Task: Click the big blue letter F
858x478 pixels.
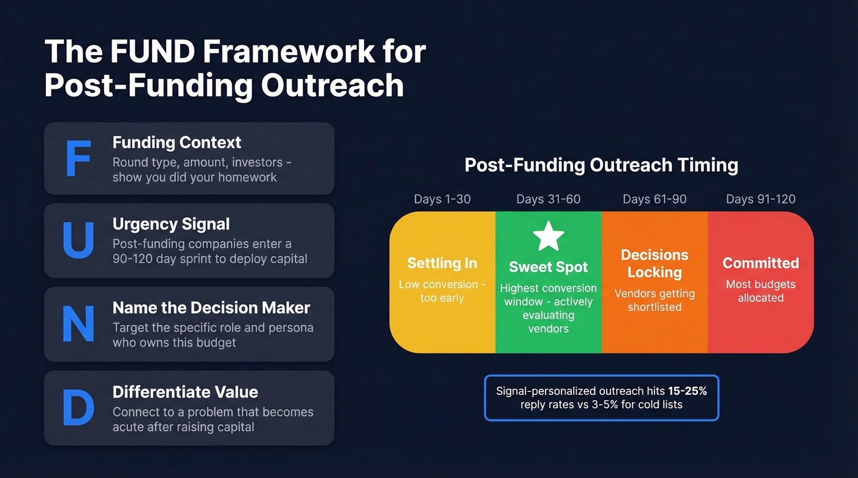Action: point(78,159)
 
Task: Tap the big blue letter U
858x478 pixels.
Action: point(78,241)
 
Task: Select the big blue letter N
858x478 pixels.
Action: point(78,324)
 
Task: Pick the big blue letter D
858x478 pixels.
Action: point(78,408)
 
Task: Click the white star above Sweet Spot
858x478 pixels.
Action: point(548,237)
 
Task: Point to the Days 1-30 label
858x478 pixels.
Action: point(442,199)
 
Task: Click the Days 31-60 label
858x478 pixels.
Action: point(548,199)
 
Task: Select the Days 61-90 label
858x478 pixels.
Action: point(655,199)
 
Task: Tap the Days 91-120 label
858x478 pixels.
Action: point(761,199)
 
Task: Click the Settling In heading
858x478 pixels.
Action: point(442,263)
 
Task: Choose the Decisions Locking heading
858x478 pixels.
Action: point(655,263)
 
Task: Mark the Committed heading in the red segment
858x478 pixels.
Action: point(761,263)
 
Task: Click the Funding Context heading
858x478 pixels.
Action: point(177,143)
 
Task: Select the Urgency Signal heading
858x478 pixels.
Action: point(171,225)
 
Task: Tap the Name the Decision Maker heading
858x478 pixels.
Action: point(211,308)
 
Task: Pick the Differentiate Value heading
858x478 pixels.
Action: point(185,392)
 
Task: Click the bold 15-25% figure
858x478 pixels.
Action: point(688,390)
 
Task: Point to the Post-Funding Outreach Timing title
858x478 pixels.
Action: point(601,165)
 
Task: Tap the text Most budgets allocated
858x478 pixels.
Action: point(761,291)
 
